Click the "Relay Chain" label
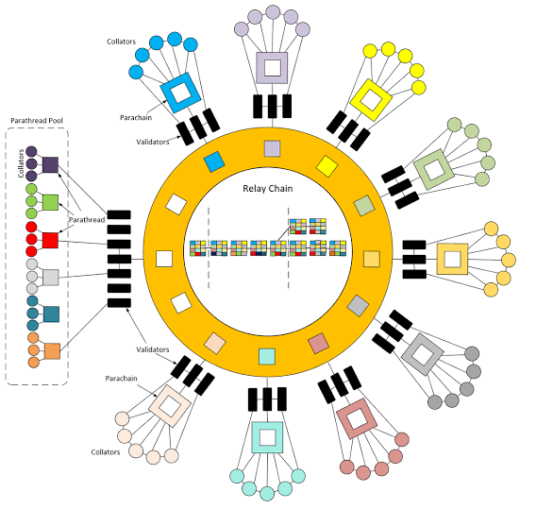click(x=268, y=189)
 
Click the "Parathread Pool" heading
click(x=37, y=121)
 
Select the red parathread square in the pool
click(x=50, y=240)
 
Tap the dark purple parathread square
click(x=50, y=165)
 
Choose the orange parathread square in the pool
click(x=52, y=351)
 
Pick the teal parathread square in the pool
click(x=51, y=314)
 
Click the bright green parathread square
click(x=50, y=202)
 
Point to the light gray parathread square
click(x=51, y=278)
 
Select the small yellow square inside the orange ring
click(x=327, y=166)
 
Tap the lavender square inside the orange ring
click(x=273, y=149)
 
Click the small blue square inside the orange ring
click(x=214, y=161)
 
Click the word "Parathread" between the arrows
click(x=87, y=220)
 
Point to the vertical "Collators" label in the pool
click(x=21, y=163)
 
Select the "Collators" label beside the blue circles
click(x=122, y=42)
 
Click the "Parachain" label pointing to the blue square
click(x=136, y=118)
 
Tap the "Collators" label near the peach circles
click(x=106, y=452)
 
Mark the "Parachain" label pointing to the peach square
click(x=122, y=379)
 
